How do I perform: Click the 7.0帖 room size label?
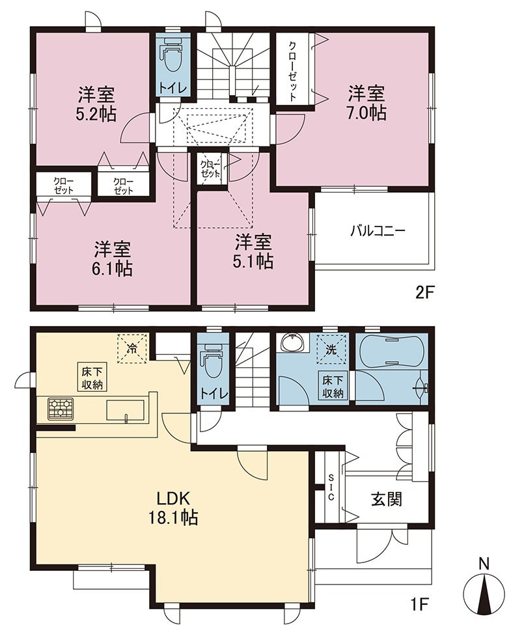pos(366,113)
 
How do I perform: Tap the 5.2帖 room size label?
pos(96,114)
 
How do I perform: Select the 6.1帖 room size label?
pos(113,268)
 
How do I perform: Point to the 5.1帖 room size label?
pos(253,261)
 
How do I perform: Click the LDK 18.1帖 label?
pos(173,508)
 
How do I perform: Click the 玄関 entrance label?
pos(387,499)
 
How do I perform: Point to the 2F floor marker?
pos(424,292)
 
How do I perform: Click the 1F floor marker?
pos(420,605)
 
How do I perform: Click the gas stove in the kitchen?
pos(61,408)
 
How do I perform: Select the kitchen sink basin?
pos(126,411)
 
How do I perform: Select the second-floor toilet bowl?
pos(173,57)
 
